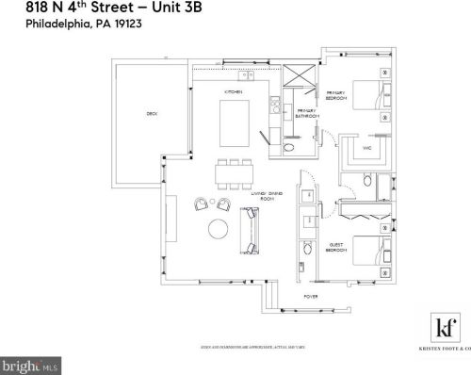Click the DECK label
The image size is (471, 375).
tap(151, 114)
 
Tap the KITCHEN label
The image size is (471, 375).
tap(234, 91)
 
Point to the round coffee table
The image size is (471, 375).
tap(217, 228)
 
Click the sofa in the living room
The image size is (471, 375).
tap(252, 229)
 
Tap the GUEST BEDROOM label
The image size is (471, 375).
tap(337, 248)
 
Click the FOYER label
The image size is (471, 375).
tap(310, 296)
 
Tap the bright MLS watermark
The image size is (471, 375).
tap(30, 363)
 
